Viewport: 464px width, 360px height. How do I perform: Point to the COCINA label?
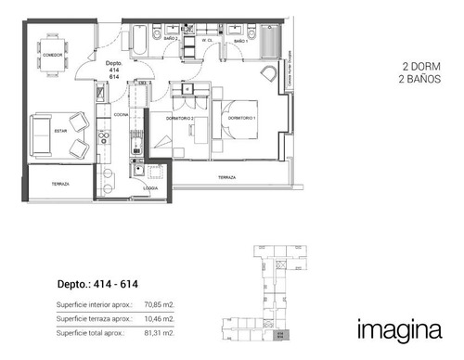click(x=121, y=114)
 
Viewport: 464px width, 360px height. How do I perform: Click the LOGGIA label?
click(x=150, y=185)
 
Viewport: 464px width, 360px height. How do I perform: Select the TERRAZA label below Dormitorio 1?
click(x=226, y=176)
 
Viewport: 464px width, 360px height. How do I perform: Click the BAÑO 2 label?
click(x=170, y=41)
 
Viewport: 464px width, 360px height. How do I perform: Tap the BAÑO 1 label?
click(x=239, y=41)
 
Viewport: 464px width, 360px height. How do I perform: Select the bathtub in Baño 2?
click(x=139, y=41)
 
